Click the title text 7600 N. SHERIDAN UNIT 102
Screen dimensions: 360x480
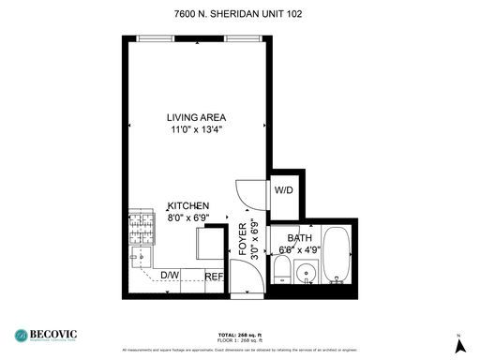tap(239, 14)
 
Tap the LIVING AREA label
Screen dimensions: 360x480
tap(197, 117)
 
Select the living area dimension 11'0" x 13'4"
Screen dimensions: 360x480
tap(197, 130)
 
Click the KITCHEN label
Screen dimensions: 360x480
tap(187, 205)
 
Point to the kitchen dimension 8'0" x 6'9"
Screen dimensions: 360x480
tap(187, 217)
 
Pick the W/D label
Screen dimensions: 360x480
tap(283, 190)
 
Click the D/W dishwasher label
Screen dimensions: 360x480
tap(170, 275)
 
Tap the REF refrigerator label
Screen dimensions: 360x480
tap(214, 276)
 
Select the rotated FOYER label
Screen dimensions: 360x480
tap(243, 240)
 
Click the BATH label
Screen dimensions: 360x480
tap(301, 238)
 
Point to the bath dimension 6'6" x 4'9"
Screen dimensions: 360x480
tap(301, 250)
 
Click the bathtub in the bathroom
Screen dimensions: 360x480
tap(338, 255)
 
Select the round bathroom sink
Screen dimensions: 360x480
tap(304, 275)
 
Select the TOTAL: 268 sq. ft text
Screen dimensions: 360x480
tap(239, 334)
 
